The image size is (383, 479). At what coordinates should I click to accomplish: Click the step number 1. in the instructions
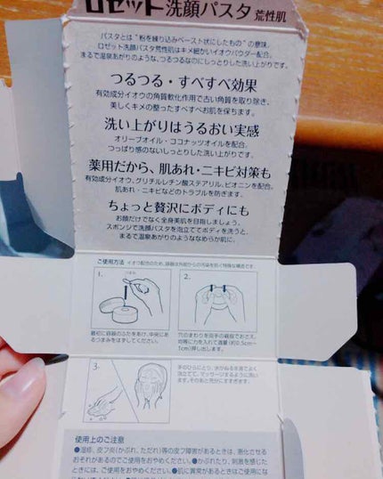(x=102, y=277)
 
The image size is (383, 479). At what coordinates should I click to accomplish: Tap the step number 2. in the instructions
(x=186, y=277)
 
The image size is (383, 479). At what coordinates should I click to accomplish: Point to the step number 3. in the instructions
(x=97, y=366)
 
